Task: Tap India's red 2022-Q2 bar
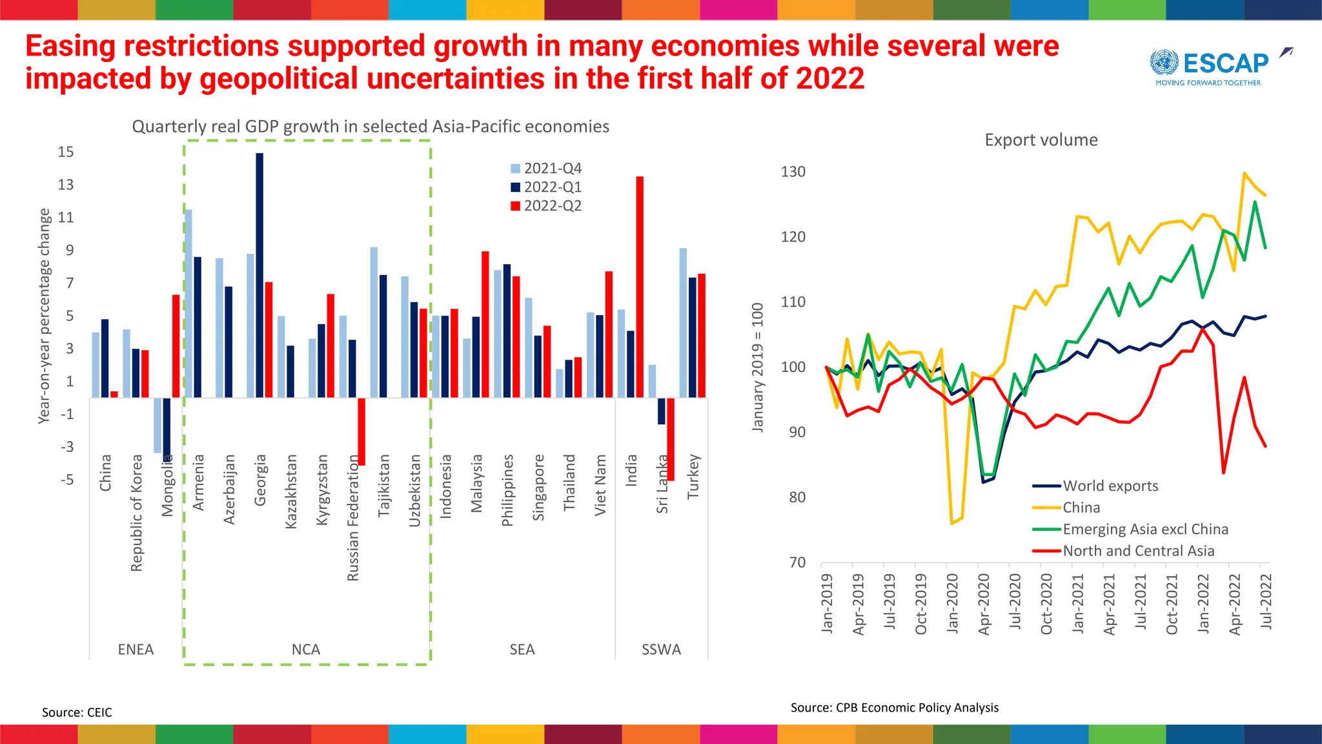click(x=640, y=287)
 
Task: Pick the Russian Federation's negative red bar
click(x=361, y=431)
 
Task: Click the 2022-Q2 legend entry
click(x=546, y=206)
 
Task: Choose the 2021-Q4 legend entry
click(x=546, y=169)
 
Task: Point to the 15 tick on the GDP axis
click(x=66, y=152)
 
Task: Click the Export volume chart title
click(x=1041, y=140)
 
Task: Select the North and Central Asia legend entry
click(x=1138, y=551)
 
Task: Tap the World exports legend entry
click(x=1110, y=486)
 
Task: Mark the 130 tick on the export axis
click(x=793, y=172)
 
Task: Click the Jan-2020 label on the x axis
click(x=952, y=603)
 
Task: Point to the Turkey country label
click(x=693, y=476)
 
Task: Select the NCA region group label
click(x=306, y=650)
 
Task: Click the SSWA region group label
click(x=661, y=650)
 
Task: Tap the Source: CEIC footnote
click(x=77, y=712)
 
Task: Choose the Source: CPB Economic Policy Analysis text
click(x=894, y=708)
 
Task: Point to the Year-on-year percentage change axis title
click(x=44, y=316)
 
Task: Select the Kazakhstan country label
click(x=291, y=491)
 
